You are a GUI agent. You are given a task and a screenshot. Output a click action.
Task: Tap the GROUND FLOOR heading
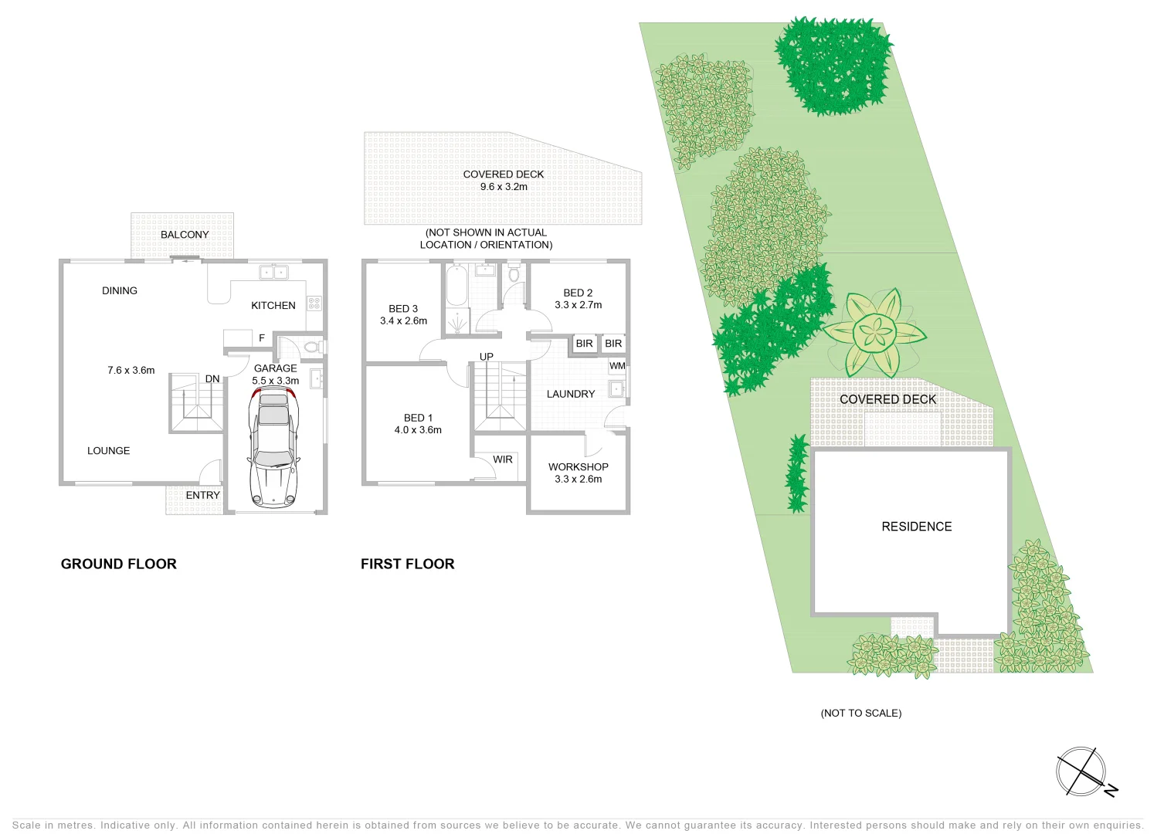[x=119, y=564]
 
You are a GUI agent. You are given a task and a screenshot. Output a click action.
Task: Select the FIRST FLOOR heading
[x=408, y=564]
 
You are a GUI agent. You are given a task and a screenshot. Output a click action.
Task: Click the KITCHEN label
[x=273, y=306]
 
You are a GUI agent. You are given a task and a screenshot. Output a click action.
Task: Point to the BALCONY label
[x=185, y=235]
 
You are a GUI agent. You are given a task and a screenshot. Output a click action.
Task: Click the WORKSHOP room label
[x=579, y=467]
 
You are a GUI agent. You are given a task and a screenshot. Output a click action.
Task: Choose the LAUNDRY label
[x=571, y=394]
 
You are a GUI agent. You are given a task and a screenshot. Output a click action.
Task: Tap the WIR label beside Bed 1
[x=503, y=459]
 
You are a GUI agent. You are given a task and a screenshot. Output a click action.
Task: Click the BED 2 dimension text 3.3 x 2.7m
[x=579, y=305]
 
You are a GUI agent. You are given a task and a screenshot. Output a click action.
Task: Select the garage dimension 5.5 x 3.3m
[x=276, y=381]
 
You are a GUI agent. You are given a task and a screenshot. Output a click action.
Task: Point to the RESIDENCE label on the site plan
[x=917, y=527]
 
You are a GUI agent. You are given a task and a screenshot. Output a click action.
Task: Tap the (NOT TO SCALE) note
[x=861, y=714]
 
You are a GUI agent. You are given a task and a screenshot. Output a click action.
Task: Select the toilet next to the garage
[x=311, y=347]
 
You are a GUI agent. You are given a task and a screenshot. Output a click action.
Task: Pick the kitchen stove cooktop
[x=314, y=303]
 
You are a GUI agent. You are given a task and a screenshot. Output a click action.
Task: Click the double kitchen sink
[x=273, y=272]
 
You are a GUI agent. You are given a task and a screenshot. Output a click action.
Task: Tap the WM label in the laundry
[x=618, y=366]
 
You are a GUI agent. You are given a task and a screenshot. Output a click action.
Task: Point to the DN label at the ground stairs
[x=212, y=379]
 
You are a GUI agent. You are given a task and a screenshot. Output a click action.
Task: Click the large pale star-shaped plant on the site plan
[x=875, y=333]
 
